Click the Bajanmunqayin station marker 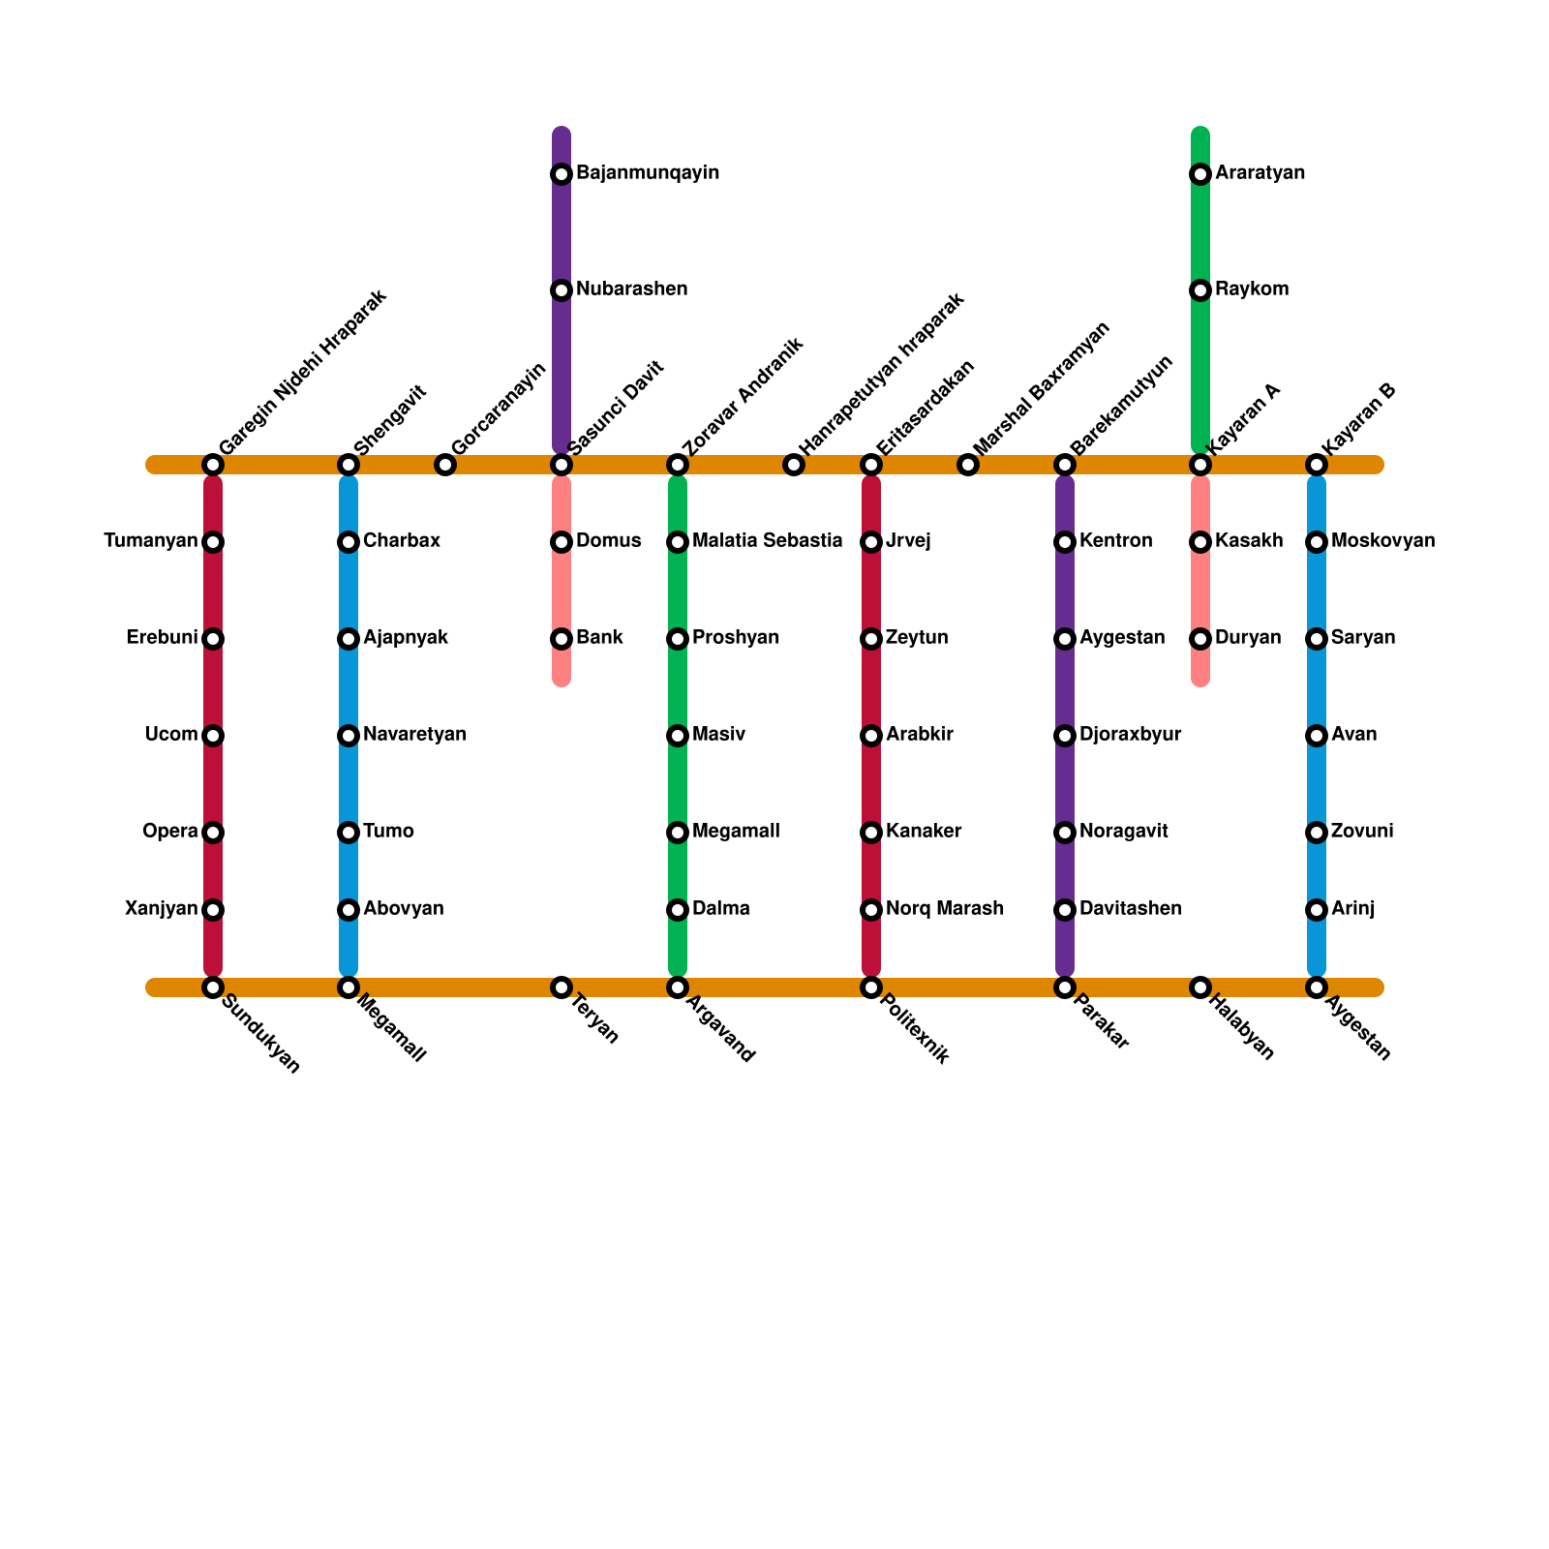click(562, 174)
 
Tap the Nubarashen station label click(631, 289)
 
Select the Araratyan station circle click(1200, 174)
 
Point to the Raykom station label click(1252, 289)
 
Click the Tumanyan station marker click(213, 542)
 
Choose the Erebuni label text click(162, 638)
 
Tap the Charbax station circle click(349, 542)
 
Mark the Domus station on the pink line click(562, 542)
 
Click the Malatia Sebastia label click(767, 541)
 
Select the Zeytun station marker click(871, 639)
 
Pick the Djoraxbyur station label click(1130, 735)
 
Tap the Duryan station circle click(1200, 639)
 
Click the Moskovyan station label click(1382, 541)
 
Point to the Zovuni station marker click(1317, 833)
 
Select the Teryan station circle click(562, 987)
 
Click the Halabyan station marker click(1200, 987)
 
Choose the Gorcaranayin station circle click(445, 465)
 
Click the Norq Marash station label click(944, 909)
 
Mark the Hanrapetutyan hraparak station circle click(794, 465)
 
